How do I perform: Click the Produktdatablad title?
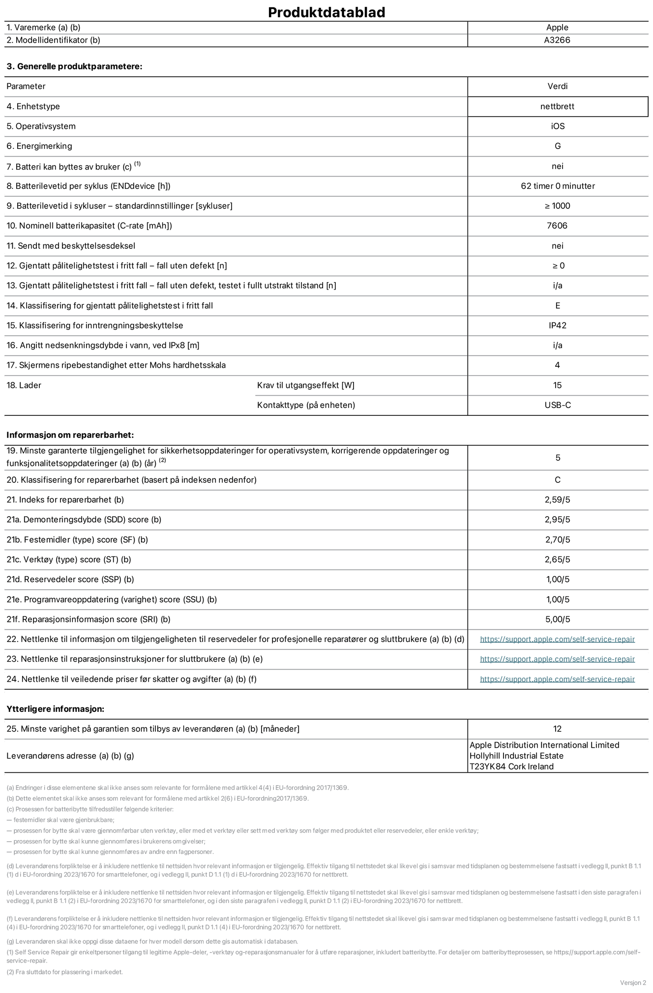326,12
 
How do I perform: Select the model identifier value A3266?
557,40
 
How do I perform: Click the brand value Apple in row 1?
557,28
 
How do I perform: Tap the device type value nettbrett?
557,106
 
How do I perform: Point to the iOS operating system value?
558,126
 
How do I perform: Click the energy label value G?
558,146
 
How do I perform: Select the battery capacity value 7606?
557,226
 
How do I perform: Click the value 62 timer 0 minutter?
558,186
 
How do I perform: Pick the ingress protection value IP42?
558,325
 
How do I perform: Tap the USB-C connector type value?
558,405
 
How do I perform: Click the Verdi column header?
558,86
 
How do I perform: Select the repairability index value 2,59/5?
558,499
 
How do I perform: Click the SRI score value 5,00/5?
558,619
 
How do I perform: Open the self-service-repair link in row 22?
557,639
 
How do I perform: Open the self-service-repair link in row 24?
557,679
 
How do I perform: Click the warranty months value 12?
557,729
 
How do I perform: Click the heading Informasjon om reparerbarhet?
70,435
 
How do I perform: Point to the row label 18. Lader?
24,385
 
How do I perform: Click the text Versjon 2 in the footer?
633,982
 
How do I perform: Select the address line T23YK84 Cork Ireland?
511,766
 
